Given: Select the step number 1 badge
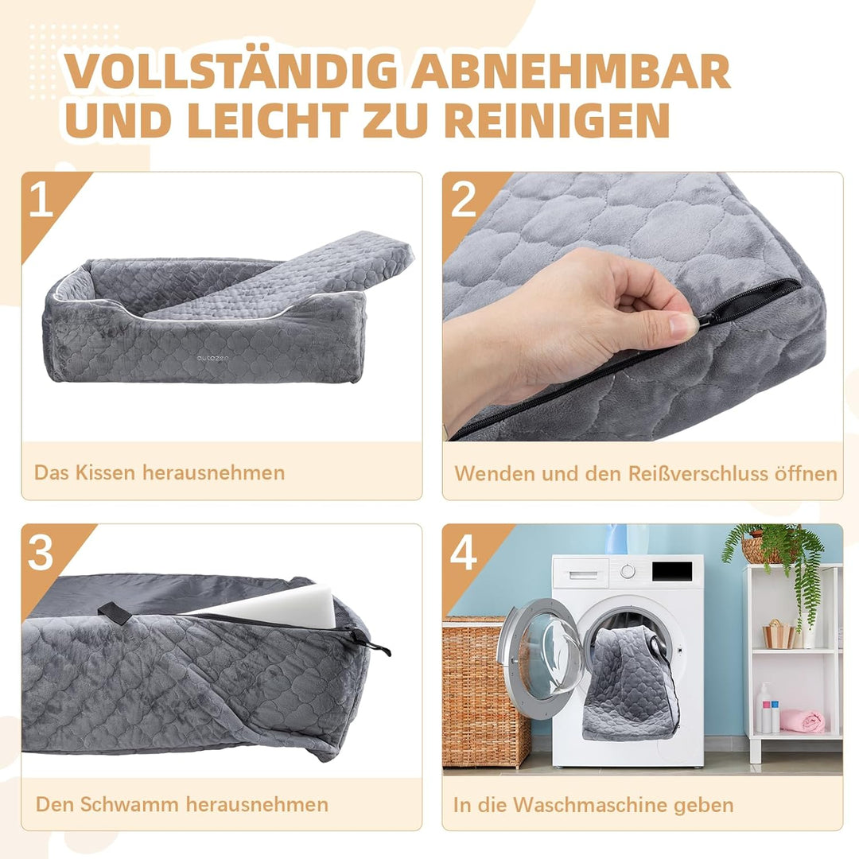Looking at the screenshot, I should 41,201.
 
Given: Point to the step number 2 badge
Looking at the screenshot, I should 463,201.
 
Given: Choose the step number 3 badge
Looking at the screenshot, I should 41,553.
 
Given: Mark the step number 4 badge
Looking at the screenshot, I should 463,553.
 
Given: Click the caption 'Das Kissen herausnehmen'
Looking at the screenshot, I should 159,472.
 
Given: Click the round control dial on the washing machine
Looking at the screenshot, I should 629,570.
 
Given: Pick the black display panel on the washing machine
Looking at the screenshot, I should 671,570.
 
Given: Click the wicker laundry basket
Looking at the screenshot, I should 485,692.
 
